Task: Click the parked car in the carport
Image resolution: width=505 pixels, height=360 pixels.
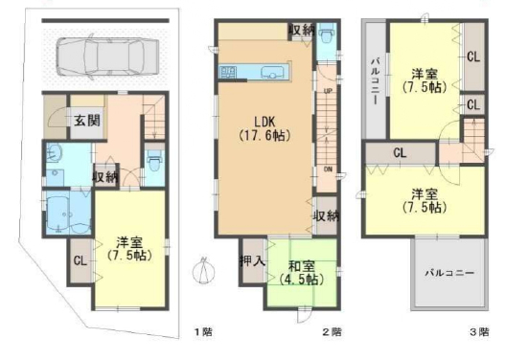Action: click(x=107, y=56)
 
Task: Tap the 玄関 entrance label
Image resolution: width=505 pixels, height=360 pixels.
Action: click(x=87, y=121)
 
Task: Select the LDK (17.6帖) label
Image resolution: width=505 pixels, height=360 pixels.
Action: click(x=264, y=128)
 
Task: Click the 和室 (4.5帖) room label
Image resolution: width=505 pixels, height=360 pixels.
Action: click(x=302, y=273)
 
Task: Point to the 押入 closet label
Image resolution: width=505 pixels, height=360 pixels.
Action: click(x=252, y=261)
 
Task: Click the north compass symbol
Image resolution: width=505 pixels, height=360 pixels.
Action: click(x=203, y=271)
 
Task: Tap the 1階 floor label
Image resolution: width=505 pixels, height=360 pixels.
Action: click(x=203, y=331)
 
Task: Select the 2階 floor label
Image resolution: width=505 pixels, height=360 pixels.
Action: click(x=333, y=331)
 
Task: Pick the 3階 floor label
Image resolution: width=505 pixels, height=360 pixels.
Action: click(x=479, y=331)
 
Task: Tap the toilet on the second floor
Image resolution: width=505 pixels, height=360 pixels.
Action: click(x=327, y=34)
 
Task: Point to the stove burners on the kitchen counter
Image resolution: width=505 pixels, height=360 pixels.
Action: click(x=228, y=72)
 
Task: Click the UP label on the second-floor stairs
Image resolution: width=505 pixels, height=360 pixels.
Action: click(x=328, y=91)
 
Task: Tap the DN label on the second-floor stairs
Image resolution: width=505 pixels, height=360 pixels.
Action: click(x=328, y=169)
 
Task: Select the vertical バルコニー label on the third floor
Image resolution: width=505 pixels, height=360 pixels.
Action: click(x=376, y=80)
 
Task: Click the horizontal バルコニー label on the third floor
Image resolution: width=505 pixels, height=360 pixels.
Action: click(x=449, y=273)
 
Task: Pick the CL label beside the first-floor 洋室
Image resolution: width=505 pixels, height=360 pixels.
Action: click(x=80, y=260)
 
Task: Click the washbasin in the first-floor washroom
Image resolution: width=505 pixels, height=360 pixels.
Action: click(x=55, y=152)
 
